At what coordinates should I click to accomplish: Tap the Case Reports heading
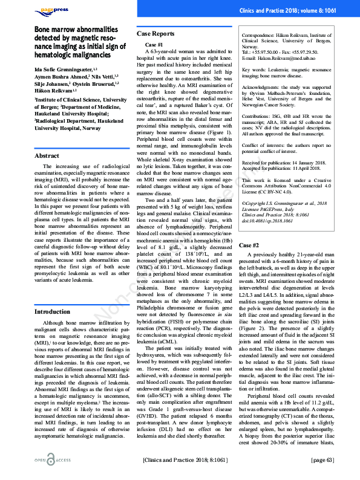(155, 34)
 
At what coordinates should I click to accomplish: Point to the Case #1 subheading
(154, 45)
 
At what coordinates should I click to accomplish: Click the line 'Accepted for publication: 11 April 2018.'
(283, 169)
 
